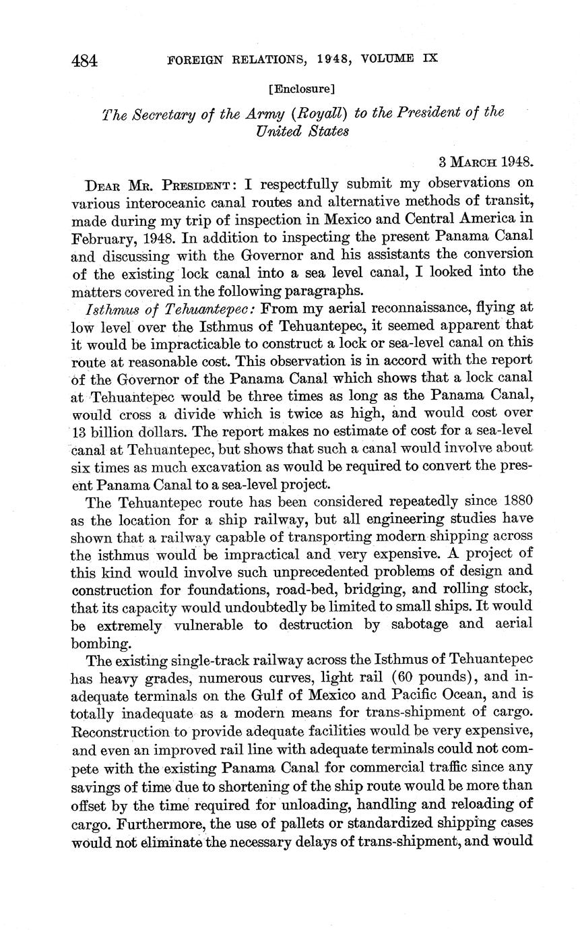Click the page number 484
click(85, 61)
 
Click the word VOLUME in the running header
click(391, 59)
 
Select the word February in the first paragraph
click(96, 238)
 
